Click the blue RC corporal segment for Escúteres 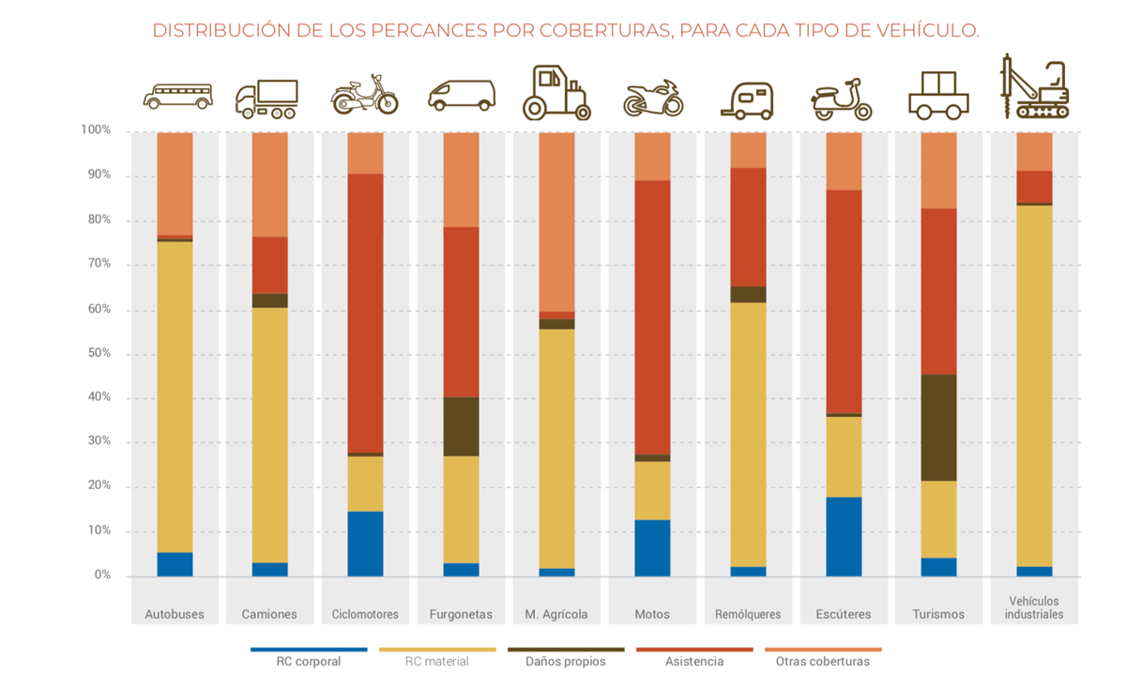[844, 536]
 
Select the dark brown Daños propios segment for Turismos [938, 428]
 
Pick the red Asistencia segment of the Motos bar [652, 317]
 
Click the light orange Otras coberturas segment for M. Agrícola [556, 222]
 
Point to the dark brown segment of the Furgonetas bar [461, 426]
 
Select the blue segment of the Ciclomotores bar [365, 544]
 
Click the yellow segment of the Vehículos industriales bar [1034, 385]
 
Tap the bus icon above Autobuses [177, 96]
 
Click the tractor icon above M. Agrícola [555, 93]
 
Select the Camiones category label [269, 614]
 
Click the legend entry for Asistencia [694, 660]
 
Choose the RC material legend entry [436, 660]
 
